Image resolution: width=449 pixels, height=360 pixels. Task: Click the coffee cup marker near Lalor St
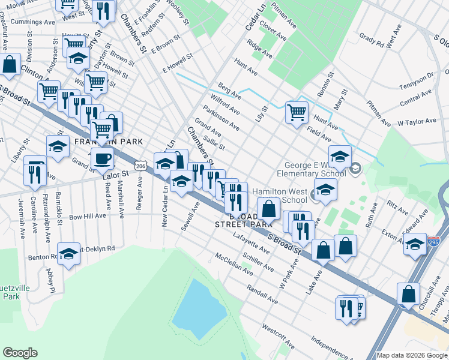[x=103, y=159]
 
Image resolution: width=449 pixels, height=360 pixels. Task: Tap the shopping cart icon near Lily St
[x=297, y=112]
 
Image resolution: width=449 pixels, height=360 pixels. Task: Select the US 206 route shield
[x=140, y=165]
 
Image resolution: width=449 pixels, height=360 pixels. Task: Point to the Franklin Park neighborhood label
[x=108, y=142]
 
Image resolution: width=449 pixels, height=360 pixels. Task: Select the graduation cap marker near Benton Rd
[x=69, y=253]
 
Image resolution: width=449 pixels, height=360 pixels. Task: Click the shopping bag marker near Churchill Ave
[x=408, y=295]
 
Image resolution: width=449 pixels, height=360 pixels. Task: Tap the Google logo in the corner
[x=20, y=353]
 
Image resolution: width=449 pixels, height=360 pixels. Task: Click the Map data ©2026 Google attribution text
[x=412, y=355]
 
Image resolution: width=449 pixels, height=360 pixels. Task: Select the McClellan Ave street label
[x=234, y=265]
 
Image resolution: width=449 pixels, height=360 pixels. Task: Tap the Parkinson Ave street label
[x=221, y=118]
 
